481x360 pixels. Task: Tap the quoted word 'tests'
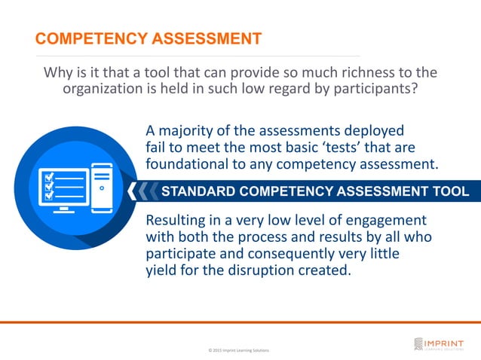click(339, 145)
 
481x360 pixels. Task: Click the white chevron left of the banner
click(134, 191)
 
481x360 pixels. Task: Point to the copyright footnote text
click(237, 351)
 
